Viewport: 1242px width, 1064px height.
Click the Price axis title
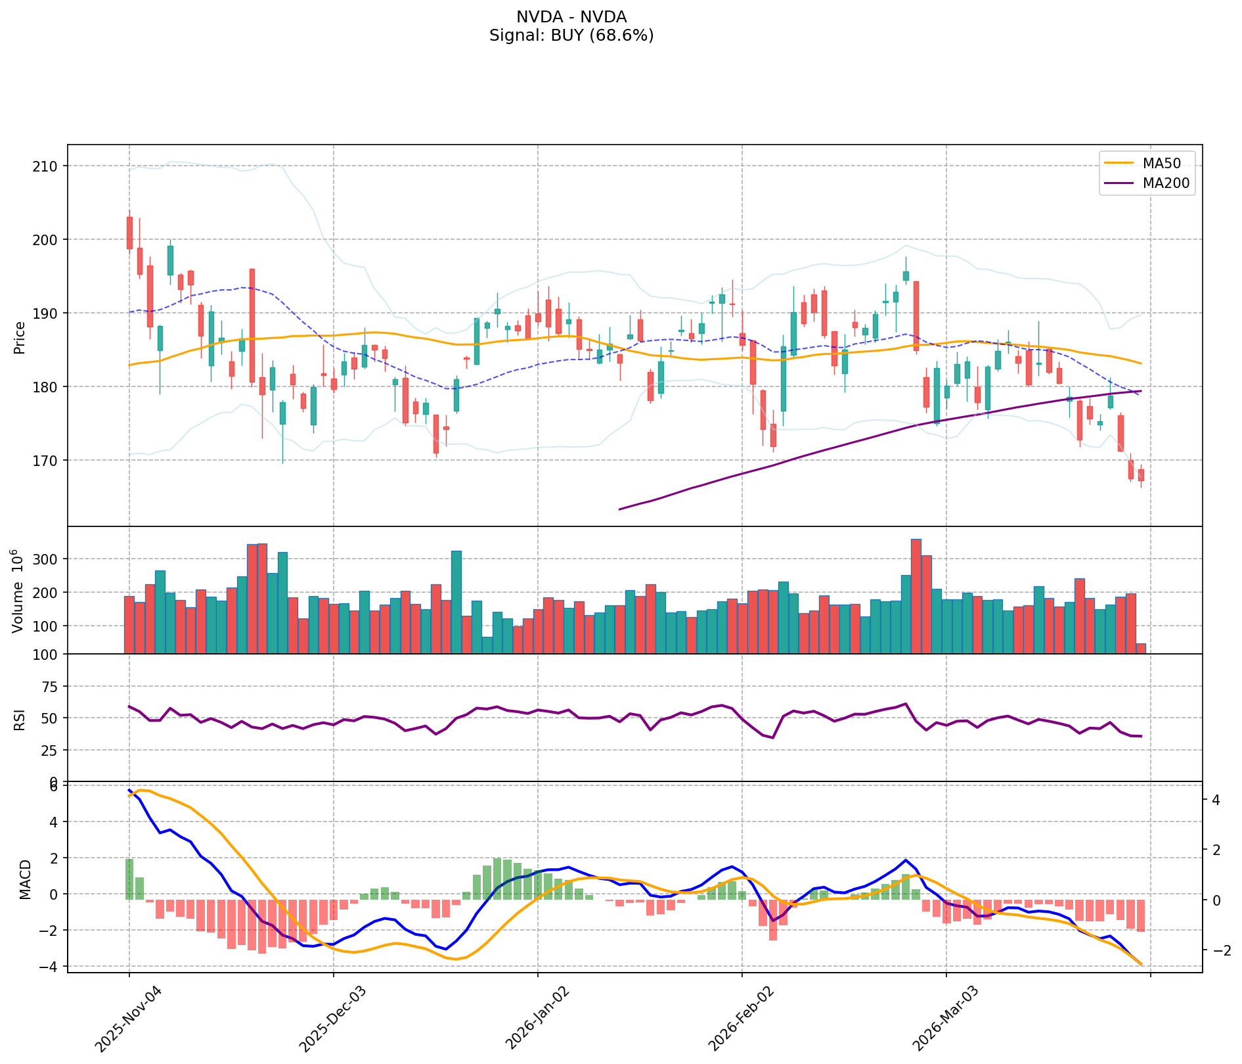click(20, 338)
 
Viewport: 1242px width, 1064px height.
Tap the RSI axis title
click(20, 719)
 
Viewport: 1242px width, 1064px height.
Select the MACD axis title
click(25, 879)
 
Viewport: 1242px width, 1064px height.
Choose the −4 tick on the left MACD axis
click(50, 966)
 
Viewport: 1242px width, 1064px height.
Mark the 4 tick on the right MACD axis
click(1216, 800)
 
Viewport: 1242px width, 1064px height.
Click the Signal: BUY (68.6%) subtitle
click(571, 35)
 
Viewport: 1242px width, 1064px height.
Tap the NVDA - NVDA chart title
click(571, 17)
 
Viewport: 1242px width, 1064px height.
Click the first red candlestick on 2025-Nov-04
click(129, 233)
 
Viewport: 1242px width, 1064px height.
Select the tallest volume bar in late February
click(916, 595)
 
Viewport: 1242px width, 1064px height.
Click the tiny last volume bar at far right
click(1141, 649)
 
